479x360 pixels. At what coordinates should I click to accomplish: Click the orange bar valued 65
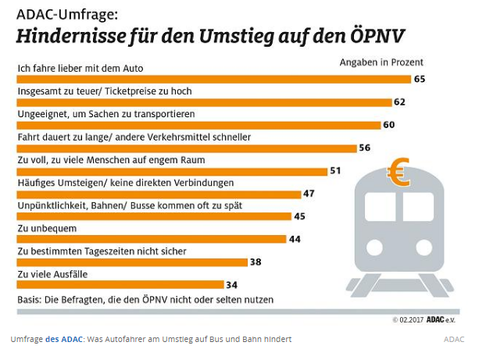click(x=211, y=79)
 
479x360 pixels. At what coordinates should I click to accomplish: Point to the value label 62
click(x=399, y=102)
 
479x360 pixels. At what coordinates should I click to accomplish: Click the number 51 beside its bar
click(x=336, y=170)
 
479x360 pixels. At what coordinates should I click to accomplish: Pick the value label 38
click(x=256, y=262)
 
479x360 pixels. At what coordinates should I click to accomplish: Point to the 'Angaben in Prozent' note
click(x=381, y=62)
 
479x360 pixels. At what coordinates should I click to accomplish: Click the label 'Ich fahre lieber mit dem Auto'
click(x=80, y=69)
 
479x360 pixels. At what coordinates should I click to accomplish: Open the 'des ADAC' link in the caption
click(x=65, y=339)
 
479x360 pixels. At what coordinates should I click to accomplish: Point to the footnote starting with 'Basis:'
click(x=145, y=299)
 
